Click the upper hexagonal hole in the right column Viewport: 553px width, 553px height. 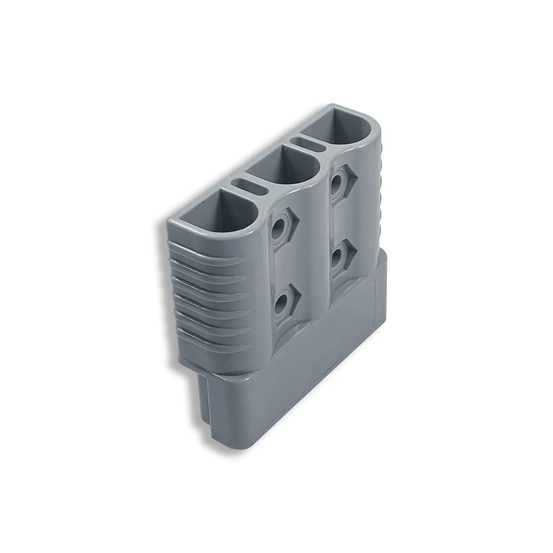pos(339,181)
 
